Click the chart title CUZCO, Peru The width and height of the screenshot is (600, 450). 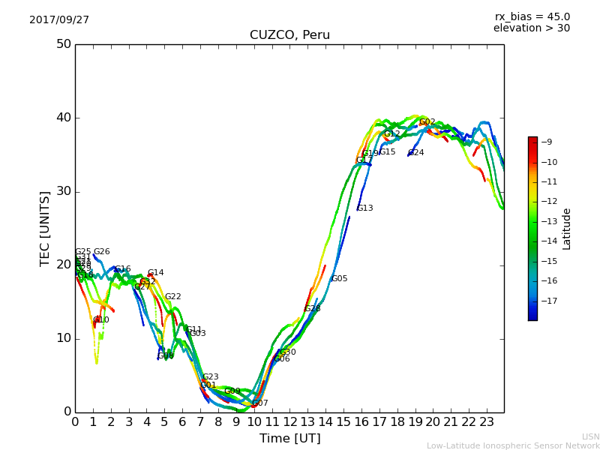289,35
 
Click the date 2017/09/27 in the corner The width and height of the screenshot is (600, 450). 59,20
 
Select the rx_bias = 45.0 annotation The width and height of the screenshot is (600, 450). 532,16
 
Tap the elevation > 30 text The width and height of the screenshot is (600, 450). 531,28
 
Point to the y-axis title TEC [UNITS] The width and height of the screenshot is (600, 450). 45,228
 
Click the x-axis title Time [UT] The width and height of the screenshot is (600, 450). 289,438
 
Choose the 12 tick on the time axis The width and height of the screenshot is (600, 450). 289,422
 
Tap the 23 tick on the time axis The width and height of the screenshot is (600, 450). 486,422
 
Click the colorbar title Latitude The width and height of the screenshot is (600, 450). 567,228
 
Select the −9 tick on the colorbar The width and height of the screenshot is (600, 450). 547,142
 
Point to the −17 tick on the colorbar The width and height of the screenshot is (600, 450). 547,301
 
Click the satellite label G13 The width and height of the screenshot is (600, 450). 364,208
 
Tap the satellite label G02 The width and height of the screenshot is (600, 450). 427,122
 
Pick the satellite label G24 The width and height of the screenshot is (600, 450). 416,153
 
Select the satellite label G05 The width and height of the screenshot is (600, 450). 340,279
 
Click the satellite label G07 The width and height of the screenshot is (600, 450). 260,403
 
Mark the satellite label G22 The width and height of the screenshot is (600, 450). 173,297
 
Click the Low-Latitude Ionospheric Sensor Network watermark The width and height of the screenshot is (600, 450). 513,445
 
